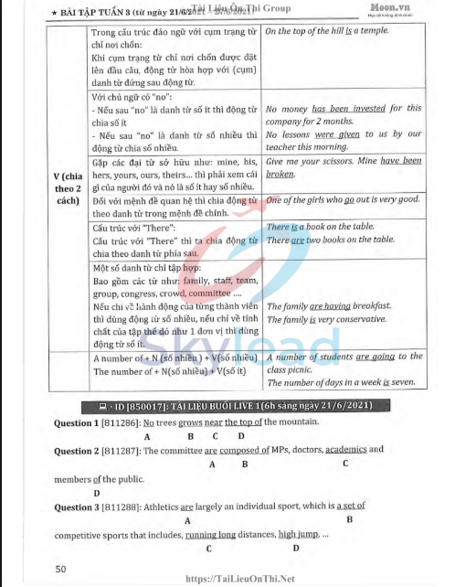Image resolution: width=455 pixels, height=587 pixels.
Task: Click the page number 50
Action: pos(59,569)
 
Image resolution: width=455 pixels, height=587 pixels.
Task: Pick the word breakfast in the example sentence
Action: pos(389,306)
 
